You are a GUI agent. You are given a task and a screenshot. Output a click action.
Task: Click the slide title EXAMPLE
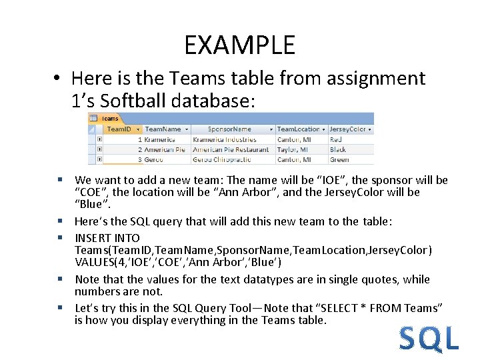239,45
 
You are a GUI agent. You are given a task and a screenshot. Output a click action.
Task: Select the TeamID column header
120,129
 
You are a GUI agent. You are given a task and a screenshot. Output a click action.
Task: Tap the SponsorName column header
229,129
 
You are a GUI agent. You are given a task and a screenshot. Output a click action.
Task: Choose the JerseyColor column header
348,129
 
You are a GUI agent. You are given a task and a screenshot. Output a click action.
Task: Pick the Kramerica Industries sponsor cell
224,139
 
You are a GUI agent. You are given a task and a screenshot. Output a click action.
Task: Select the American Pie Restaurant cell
231,149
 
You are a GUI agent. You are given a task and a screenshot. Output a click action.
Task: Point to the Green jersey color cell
339,159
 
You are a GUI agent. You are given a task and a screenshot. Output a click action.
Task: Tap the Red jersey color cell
336,139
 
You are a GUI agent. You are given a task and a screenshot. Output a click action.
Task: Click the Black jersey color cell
338,149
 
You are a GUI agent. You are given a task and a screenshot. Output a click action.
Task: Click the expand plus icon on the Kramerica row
99,139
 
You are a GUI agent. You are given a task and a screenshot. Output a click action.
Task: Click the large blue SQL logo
429,338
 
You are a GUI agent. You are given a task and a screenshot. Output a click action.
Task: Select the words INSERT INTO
107,238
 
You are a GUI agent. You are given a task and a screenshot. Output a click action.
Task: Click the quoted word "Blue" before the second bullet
89,204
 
